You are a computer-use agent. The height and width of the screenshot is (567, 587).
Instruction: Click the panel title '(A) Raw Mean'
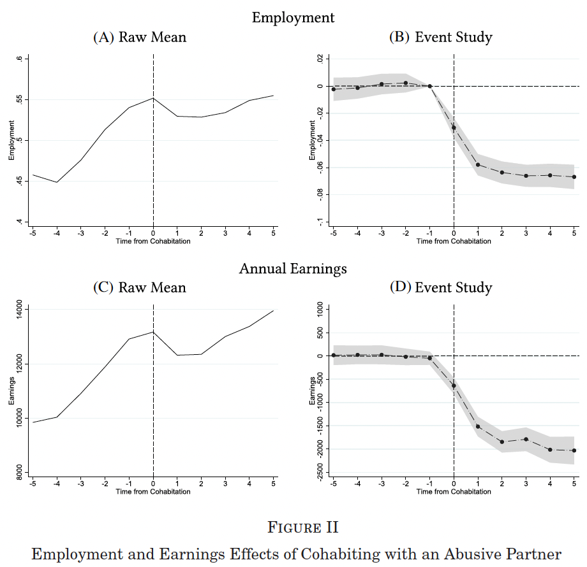coord(140,38)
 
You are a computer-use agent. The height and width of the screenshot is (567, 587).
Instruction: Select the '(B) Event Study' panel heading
coord(440,38)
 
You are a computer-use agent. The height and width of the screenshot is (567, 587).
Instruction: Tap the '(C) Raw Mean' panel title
coord(140,287)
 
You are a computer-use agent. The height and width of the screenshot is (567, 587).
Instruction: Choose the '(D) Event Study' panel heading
coord(440,287)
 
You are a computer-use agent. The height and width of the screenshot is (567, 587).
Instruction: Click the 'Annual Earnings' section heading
coord(293,269)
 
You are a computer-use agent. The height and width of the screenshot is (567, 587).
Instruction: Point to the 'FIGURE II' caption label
coord(293,528)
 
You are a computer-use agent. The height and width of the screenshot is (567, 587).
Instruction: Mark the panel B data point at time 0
coord(454,127)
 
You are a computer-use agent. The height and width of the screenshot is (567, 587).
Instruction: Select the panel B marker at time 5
coord(574,176)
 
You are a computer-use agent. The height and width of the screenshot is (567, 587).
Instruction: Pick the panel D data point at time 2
coord(502,441)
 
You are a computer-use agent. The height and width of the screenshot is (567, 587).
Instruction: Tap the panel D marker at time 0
coord(454,385)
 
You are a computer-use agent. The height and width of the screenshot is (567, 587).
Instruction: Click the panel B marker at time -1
coord(429,86)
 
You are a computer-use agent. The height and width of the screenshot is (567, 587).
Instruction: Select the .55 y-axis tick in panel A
coord(20,99)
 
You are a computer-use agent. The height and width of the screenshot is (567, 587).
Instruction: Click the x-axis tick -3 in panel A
coord(81,233)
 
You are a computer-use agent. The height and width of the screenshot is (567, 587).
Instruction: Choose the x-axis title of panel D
coord(454,491)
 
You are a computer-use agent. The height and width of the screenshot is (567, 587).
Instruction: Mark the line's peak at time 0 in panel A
coord(153,98)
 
